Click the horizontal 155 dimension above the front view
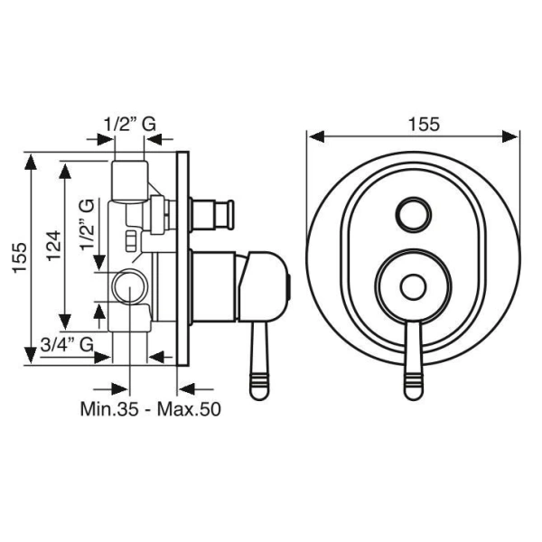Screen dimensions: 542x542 point(425,125)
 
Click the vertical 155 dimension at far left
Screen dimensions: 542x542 point(20,257)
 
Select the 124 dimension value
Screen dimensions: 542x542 point(54,246)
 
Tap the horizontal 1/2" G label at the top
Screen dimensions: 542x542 point(130,124)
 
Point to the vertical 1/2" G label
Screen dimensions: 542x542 point(87,224)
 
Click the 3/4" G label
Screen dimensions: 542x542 point(67,344)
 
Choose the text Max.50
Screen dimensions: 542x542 point(189,409)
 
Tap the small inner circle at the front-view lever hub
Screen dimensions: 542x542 point(413,287)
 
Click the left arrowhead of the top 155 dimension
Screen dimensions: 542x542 point(316,136)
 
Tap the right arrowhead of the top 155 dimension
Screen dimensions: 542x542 point(510,136)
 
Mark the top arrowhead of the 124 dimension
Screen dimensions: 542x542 point(65,171)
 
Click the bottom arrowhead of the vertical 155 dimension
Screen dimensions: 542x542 point(31,355)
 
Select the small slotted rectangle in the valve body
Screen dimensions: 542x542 point(131,240)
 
